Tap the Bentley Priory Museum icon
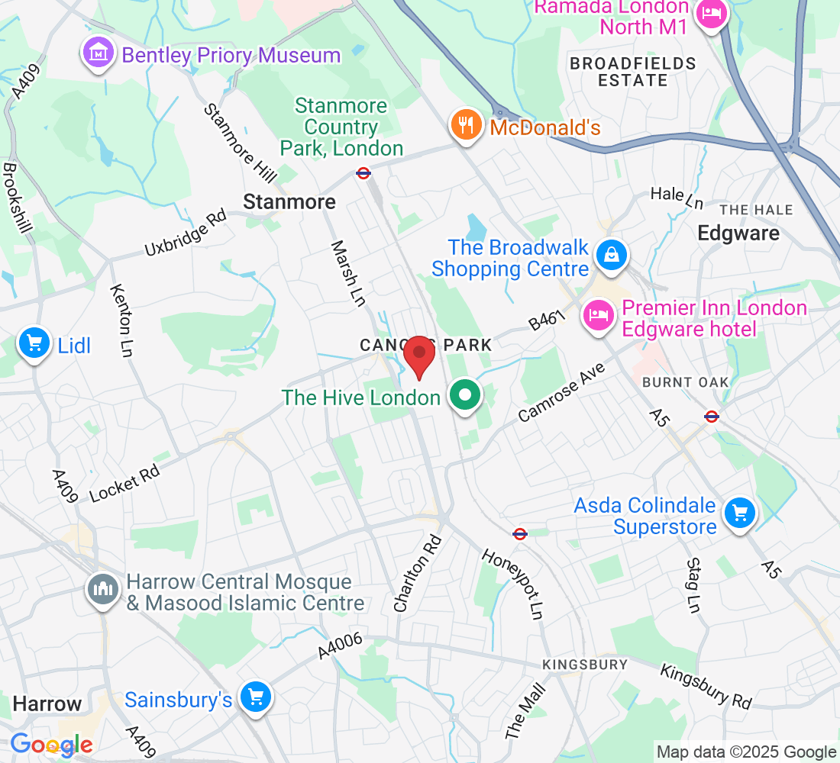point(99,55)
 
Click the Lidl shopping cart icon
point(34,343)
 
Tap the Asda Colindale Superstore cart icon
point(738,513)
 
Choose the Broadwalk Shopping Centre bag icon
point(612,256)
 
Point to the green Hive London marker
point(464,395)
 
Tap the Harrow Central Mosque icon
point(102,589)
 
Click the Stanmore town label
point(289,201)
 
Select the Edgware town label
point(738,233)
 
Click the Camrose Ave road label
point(561,391)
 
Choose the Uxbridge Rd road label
point(186,233)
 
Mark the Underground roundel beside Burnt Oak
point(711,417)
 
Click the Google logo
point(51,745)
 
